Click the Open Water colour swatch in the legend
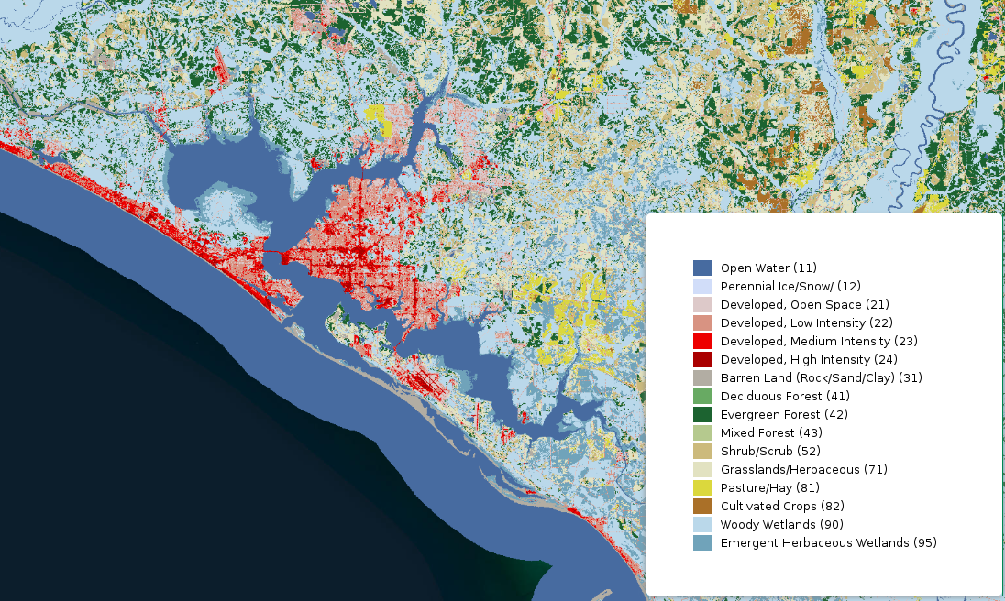(x=701, y=268)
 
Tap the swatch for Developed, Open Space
(x=701, y=304)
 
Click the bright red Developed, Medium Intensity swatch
(x=701, y=341)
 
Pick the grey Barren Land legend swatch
(x=701, y=377)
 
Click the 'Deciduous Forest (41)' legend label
(x=785, y=396)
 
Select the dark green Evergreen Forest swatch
(x=701, y=414)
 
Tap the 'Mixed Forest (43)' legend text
(x=771, y=432)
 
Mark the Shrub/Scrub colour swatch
(x=701, y=451)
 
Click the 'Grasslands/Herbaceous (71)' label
(x=803, y=469)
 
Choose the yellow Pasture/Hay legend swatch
(x=701, y=487)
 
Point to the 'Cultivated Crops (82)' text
(x=782, y=506)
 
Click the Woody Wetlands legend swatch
(x=701, y=524)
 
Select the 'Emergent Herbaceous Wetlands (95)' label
(x=828, y=542)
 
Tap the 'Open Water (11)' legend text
(x=768, y=268)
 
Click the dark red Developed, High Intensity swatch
(x=701, y=359)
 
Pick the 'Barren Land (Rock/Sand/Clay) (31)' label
(x=821, y=377)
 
